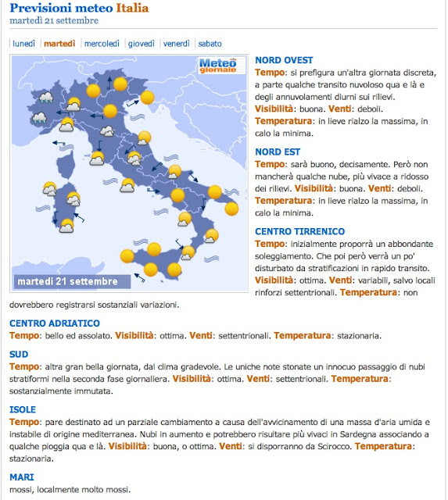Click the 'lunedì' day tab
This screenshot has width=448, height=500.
click(24, 43)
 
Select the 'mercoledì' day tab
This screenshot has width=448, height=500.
click(102, 43)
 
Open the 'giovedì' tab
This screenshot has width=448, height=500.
click(141, 43)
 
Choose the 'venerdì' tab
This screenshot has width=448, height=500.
click(177, 43)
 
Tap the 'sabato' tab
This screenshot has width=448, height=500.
click(210, 43)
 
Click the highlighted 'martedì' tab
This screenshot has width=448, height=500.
click(60, 43)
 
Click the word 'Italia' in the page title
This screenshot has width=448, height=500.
click(132, 9)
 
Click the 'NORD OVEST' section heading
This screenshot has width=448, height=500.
click(284, 60)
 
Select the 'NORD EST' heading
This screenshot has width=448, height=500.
click(278, 152)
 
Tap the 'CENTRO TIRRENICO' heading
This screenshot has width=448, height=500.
click(299, 231)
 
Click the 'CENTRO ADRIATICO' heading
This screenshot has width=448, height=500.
click(55, 323)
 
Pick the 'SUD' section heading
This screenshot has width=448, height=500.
click(19, 354)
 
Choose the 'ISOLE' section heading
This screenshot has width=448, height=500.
click(22, 409)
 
